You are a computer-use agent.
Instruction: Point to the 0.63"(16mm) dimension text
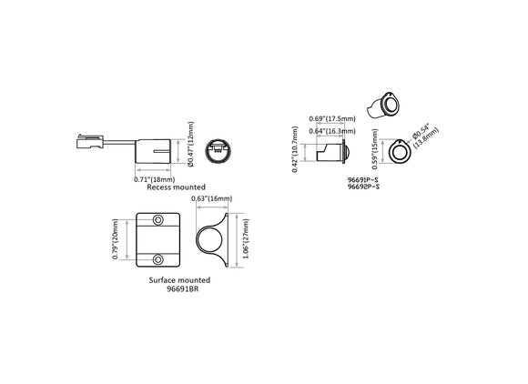click(212, 198)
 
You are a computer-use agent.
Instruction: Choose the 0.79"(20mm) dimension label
click(117, 238)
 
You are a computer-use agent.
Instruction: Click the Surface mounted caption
click(179, 280)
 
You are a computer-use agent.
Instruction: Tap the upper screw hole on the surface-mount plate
click(159, 220)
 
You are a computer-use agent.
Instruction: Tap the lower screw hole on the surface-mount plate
click(159, 257)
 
